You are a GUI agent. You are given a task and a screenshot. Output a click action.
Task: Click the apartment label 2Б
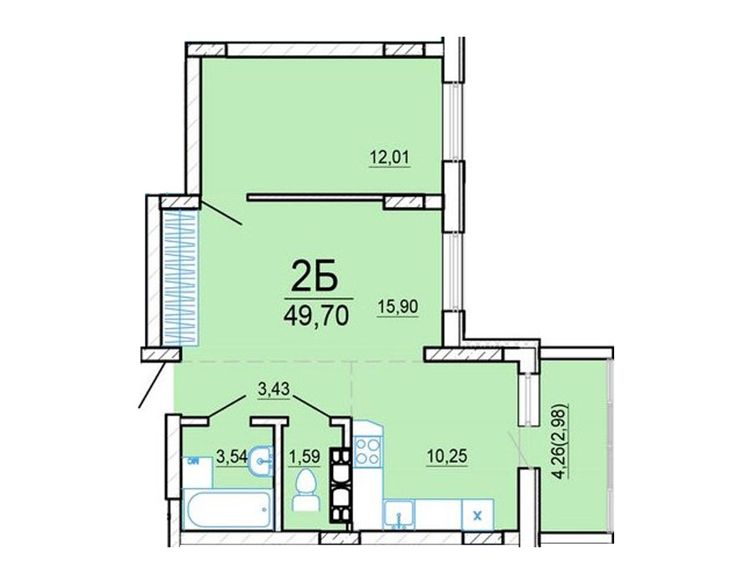point(315,277)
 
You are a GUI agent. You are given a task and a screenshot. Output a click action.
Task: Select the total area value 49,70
point(315,315)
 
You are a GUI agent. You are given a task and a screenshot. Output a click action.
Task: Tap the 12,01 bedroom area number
point(390,157)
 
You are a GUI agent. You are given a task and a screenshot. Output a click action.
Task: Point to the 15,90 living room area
point(398,307)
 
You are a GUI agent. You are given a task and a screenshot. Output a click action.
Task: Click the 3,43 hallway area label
point(274,389)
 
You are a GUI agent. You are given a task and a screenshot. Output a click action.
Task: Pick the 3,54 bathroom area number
point(232,456)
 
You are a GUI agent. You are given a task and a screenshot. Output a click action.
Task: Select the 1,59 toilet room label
point(304,456)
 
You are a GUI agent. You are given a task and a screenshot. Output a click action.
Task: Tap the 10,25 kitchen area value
point(447,456)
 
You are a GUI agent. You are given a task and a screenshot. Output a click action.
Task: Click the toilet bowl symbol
point(305,489)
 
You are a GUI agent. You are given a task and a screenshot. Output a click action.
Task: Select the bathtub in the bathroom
point(228,509)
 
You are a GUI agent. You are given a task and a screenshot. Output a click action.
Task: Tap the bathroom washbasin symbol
point(261,461)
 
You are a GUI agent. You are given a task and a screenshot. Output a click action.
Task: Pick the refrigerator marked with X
point(477,515)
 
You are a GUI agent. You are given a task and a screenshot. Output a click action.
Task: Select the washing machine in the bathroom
point(197,472)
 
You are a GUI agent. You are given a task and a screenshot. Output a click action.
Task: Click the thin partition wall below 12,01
point(315,196)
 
